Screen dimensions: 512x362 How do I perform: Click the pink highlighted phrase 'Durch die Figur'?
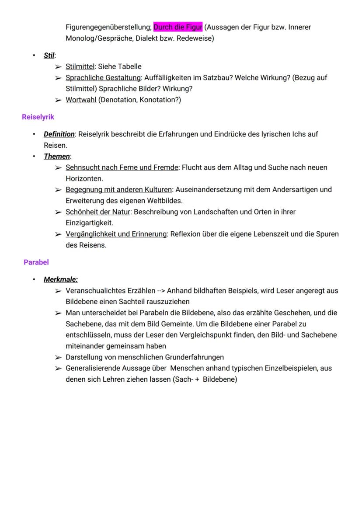(178, 27)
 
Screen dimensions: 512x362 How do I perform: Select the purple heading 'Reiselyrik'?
(38, 117)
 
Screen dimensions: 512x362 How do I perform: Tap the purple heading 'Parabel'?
(36, 262)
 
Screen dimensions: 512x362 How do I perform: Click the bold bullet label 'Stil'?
(49, 56)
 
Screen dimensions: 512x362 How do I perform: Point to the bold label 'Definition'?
(59, 134)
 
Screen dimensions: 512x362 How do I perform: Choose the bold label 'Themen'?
(56, 156)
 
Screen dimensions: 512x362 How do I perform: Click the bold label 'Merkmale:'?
(61, 279)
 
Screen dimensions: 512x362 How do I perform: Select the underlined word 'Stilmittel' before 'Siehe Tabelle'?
(80, 67)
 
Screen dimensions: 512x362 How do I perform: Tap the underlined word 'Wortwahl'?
(81, 100)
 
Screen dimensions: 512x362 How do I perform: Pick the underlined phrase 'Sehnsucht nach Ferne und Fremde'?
(122, 167)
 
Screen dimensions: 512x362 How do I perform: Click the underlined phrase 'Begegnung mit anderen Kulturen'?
(118, 190)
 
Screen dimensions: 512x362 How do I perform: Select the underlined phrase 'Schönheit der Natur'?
(98, 212)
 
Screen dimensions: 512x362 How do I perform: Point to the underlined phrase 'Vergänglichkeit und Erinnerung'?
(116, 234)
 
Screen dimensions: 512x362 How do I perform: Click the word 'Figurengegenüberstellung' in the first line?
(108, 27)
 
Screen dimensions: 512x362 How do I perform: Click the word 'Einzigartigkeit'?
(89, 223)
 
